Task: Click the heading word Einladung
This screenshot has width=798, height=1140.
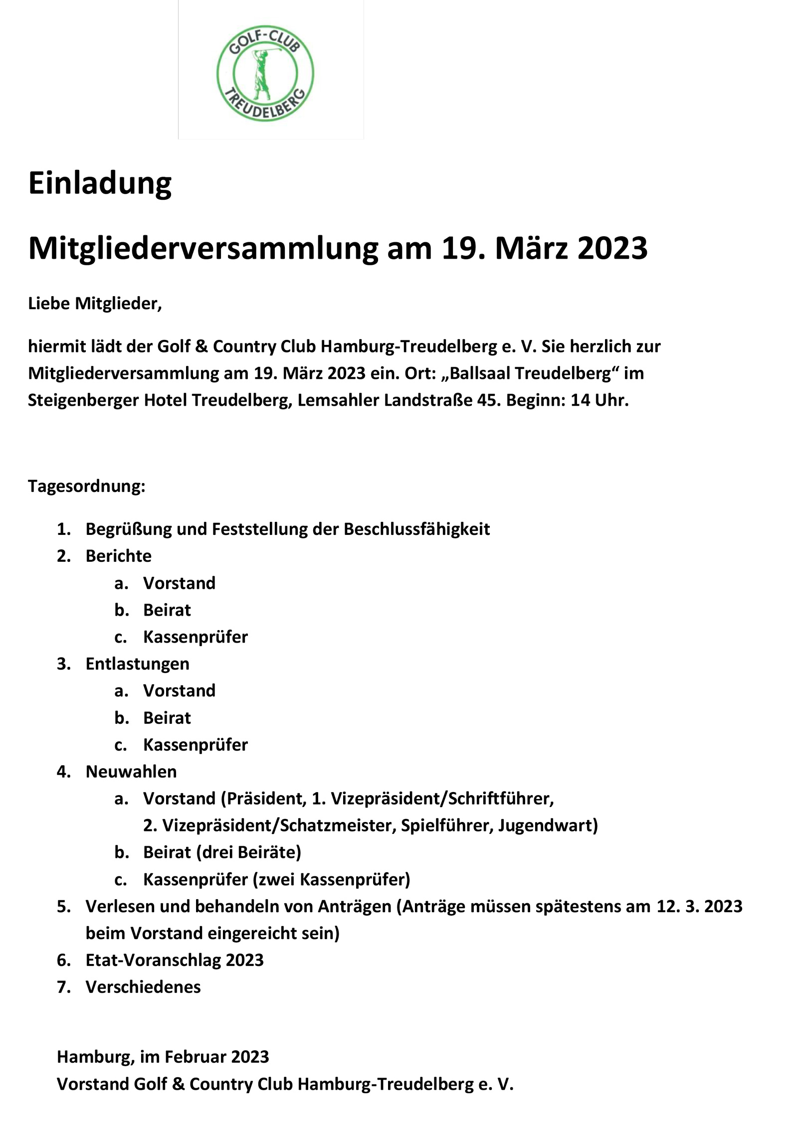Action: tap(100, 183)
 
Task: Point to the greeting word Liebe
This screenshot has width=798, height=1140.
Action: tap(49, 303)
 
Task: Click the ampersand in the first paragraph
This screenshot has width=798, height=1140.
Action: tap(201, 346)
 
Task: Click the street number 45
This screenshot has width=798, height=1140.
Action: tap(489, 400)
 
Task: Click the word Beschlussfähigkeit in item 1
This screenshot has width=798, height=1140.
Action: tap(416, 529)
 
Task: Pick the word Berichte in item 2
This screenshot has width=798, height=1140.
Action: tap(118, 556)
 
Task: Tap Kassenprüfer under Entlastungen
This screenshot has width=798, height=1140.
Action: tap(195, 745)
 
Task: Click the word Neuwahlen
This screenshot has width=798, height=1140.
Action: tap(131, 772)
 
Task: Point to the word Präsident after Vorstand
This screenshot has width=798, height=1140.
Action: tap(264, 799)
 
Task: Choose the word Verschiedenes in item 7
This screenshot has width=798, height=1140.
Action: tap(143, 987)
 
